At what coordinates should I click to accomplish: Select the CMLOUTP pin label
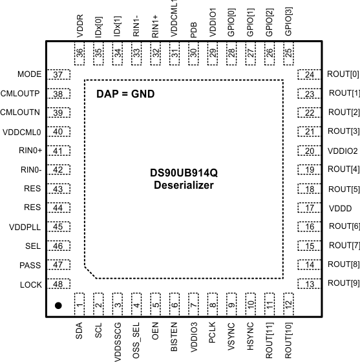pos(21,94)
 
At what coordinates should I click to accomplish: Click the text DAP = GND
pos(125,94)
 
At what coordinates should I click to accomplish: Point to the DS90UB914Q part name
pos(184,173)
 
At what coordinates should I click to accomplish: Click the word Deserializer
pos(184,186)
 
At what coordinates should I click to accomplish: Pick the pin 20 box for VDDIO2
pos(309,151)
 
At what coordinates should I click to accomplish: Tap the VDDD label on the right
pos(340,208)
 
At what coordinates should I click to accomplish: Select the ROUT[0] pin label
pos(343,74)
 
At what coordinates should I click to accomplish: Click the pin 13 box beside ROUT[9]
pos(309,284)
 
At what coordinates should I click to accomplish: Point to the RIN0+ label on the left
pos(30,151)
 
